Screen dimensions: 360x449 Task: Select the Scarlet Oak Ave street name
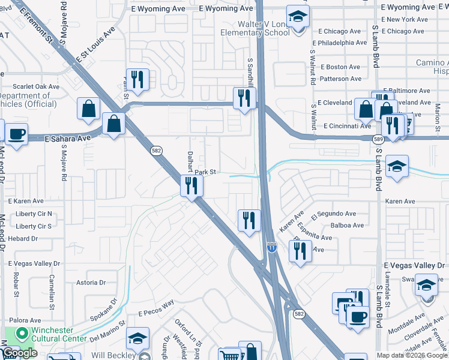(35, 86)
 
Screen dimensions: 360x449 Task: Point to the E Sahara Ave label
(67, 138)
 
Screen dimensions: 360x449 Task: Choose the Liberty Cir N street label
(34, 214)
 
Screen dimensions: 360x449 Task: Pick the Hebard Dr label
(23, 238)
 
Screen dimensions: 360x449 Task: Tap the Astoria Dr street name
(91, 282)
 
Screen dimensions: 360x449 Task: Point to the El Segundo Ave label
(334, 214)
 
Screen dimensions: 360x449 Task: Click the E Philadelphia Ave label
(342, 43)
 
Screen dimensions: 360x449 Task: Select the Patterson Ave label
(341, 79)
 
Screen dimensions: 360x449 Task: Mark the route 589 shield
(378, 139)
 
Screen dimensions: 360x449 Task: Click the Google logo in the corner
(20, 353)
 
